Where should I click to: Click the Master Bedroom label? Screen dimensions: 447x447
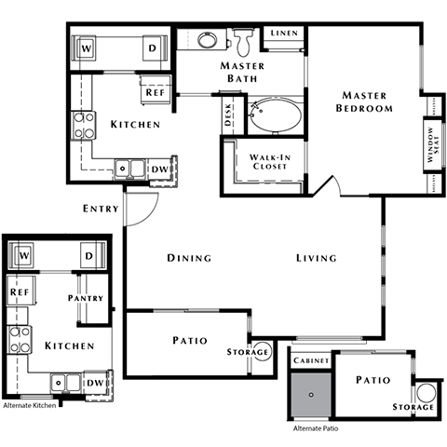click(x=365, y=102)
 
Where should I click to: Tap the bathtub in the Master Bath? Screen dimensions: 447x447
click(x=270, y=116)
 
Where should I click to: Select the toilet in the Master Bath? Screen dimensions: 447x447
click(x=245, y=40)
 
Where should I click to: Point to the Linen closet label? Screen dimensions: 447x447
click(x=283, y=34)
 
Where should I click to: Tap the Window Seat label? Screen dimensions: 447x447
click(x=431, y=145)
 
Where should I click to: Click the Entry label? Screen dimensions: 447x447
click(x=101, y=209)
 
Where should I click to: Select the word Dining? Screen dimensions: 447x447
click(x=189, y=258)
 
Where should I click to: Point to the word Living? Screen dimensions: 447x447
click(x=317, y=258)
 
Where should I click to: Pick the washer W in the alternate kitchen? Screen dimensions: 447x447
click(x=25, y=254)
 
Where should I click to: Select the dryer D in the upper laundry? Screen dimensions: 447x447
click(x=151, y=47)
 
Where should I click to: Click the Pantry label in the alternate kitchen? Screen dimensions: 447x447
click(x=85, y=298)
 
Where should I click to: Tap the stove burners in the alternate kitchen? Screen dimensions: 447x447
click(x=19, y=339)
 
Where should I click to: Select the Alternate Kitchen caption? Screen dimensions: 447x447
click(x=29, y=406)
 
